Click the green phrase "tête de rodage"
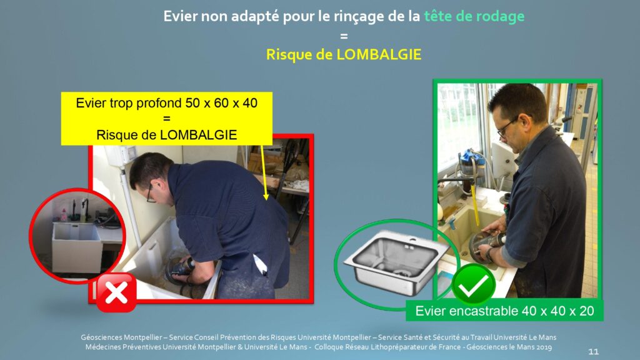pos(474,16)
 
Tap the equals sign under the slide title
pos(344,36)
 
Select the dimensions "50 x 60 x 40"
pos(221,103)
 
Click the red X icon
pos(116,292)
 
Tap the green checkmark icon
pos(473,284)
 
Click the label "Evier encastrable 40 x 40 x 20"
pos(504,311)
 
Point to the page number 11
pos(594,351)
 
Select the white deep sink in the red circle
pos(77,247)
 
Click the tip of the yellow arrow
pos(266,199)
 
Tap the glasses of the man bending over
pos(150,194)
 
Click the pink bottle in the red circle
pos(64,215)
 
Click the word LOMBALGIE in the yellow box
pos(198,135)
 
